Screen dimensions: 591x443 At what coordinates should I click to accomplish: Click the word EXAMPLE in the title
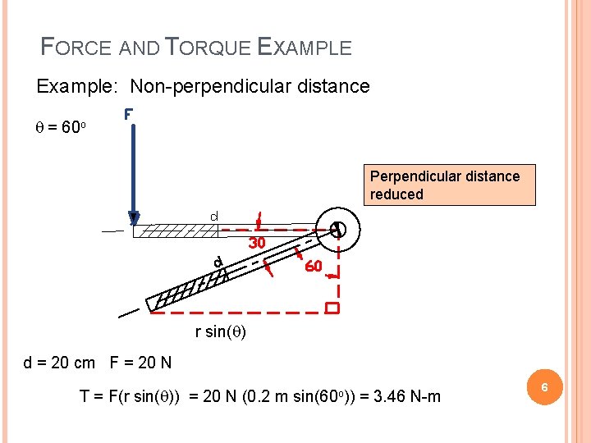(x=305, y=48)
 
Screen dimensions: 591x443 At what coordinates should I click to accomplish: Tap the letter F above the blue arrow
(x=129, y=116)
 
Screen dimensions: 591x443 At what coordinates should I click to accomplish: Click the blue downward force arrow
(x=132, y=172)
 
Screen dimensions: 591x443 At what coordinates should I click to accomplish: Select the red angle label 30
(x=257, y=243)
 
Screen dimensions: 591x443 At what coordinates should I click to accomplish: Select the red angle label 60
(x=313, y=267)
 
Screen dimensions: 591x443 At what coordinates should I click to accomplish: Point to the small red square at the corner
(x=332, y=309)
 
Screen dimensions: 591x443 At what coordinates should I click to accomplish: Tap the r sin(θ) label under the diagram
(x=221, y=332)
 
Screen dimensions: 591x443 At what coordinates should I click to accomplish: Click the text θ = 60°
(x=65, y=128)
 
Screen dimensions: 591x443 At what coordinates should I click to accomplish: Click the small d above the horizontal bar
(x=213, y=217)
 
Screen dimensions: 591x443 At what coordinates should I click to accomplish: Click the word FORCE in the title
(x=76, y=48)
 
